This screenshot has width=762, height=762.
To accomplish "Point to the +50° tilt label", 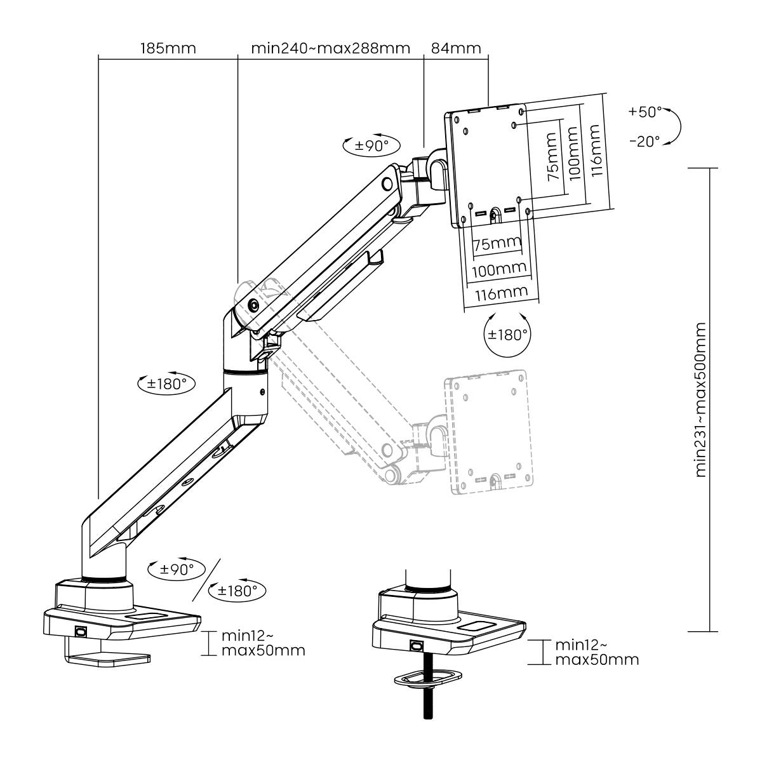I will tap(645, 112).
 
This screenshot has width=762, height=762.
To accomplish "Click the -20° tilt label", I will tap(645, 141).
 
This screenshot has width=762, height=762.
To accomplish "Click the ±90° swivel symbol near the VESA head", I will tap(371, 145).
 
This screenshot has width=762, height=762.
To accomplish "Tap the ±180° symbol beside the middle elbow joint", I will tap(166, 384).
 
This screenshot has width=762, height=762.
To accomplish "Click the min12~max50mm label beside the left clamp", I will tap(262, 643).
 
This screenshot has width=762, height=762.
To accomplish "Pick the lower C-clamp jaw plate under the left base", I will tap(109, 659).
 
